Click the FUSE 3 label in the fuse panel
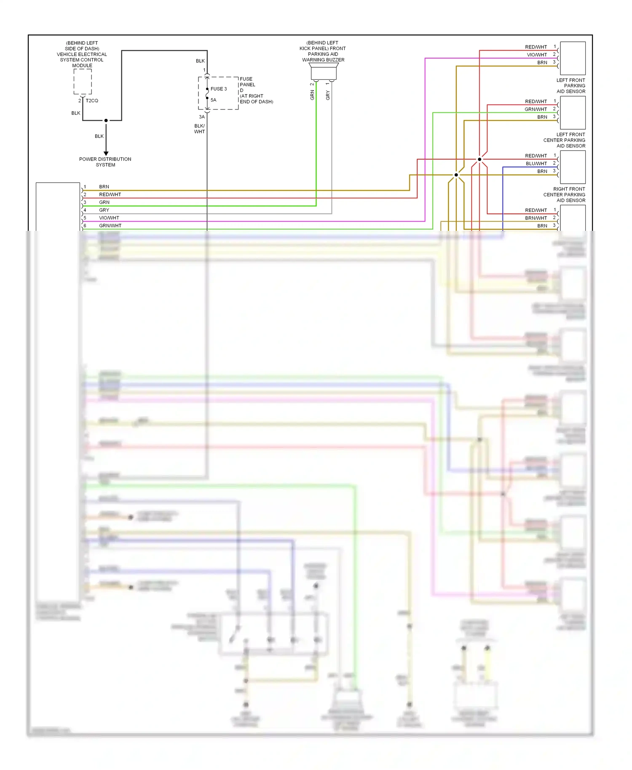coord(219,89)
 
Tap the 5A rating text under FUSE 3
coord(214,100)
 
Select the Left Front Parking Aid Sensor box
coord(573,58)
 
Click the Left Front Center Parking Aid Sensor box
coord(573,112)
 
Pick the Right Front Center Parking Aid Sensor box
coord(573,167)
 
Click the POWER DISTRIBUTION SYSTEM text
coord(105,162)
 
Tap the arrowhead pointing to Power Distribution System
coord(106,153)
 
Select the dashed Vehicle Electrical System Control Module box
coord(83,82)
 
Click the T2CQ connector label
coord(92,101)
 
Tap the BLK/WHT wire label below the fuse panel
coord(200,129)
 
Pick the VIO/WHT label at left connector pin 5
coord(109,218)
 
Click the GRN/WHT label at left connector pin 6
coord(110,226)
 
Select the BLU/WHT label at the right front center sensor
coord(536,163)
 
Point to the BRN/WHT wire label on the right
coord(536,218)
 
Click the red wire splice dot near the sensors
coord(479,159)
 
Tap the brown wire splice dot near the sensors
coord(456,175)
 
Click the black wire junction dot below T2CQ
coord(106,120)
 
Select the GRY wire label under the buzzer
coord(328,95)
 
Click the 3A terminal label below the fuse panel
coord(202,117)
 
